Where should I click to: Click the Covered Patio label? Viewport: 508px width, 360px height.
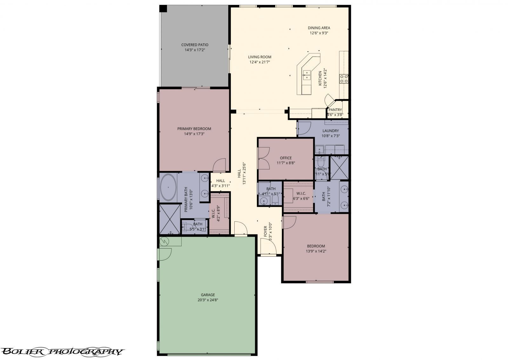195,45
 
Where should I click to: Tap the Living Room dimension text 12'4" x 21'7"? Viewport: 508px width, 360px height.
260,62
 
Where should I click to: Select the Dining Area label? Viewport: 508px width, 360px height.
319,28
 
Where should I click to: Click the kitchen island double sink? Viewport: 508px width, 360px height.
307,75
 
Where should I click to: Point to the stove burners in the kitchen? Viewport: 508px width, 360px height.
344,78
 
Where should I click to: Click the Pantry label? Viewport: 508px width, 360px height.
335,110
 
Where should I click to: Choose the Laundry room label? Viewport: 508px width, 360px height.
331,131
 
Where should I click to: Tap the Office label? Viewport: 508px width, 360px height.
285,158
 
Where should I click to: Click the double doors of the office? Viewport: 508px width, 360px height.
264,158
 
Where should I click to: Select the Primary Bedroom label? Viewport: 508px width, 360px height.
194,129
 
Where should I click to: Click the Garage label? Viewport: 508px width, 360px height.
208,295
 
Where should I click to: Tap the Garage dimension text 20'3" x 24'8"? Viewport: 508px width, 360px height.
208,300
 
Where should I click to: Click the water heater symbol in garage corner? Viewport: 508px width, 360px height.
164,241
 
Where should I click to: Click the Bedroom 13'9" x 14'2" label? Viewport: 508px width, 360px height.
316,246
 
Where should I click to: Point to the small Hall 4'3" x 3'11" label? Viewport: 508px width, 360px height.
220,181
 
